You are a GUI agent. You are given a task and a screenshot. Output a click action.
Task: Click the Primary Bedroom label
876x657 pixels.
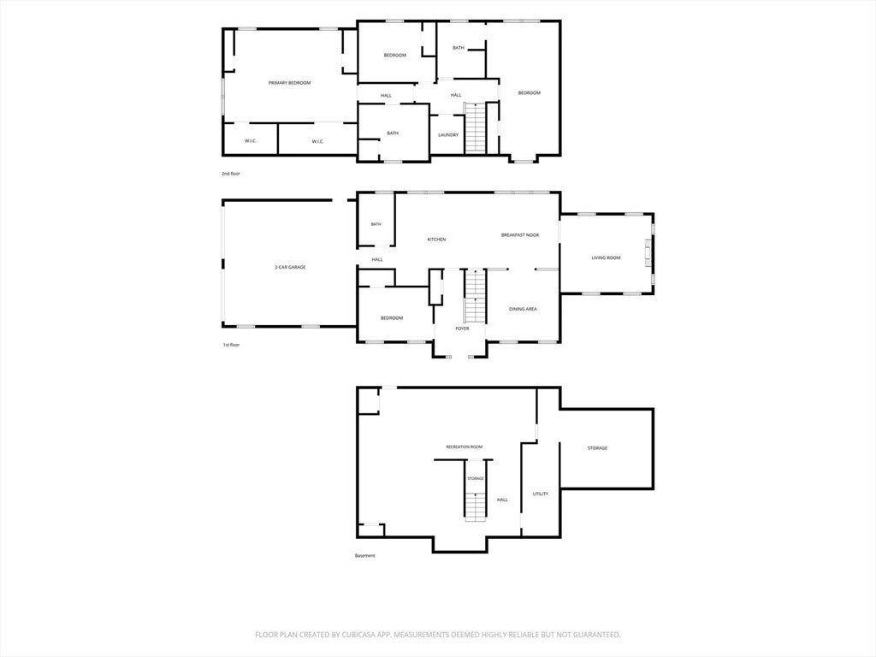(x=289, y=83)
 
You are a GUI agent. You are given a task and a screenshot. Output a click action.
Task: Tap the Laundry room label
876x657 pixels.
(x=448, y=134)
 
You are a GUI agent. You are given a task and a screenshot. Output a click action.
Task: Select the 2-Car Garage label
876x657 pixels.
(x=290, y=267)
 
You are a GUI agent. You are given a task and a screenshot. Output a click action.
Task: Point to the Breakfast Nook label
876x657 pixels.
(x=520, y=235)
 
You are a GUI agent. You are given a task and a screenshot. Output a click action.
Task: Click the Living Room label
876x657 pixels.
(x=607, y=257)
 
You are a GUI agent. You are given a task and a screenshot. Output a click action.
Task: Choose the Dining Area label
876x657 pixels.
(x=523, y=309)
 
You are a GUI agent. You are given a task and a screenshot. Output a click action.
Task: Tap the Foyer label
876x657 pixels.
(x=462, y=328)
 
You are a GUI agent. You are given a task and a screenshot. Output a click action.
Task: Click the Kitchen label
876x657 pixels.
(x=436, y=240)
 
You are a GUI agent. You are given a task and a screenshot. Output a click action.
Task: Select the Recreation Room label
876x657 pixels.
(x=465, y=447)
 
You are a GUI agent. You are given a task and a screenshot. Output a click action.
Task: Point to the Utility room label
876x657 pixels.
(x=541, y=494)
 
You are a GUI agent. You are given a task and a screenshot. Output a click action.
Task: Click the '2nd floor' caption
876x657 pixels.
(x=231, y=174)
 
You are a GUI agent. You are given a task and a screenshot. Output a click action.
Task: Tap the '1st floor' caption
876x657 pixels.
(x=231, y=345)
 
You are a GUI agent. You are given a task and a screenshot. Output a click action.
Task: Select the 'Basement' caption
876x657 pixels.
(x=364, y=555)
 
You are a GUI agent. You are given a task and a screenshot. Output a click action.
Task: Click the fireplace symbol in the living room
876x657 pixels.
(x=648, y=253)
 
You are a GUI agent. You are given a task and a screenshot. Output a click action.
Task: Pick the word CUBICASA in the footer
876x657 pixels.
(x=363, y=635)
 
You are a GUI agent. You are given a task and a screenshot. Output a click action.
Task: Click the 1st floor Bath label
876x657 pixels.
(x=376, y=224)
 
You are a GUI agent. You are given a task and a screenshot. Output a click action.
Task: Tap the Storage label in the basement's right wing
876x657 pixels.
(x=597, y=448)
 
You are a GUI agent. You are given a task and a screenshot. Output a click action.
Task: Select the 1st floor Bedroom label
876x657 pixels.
(x=392, y=318)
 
